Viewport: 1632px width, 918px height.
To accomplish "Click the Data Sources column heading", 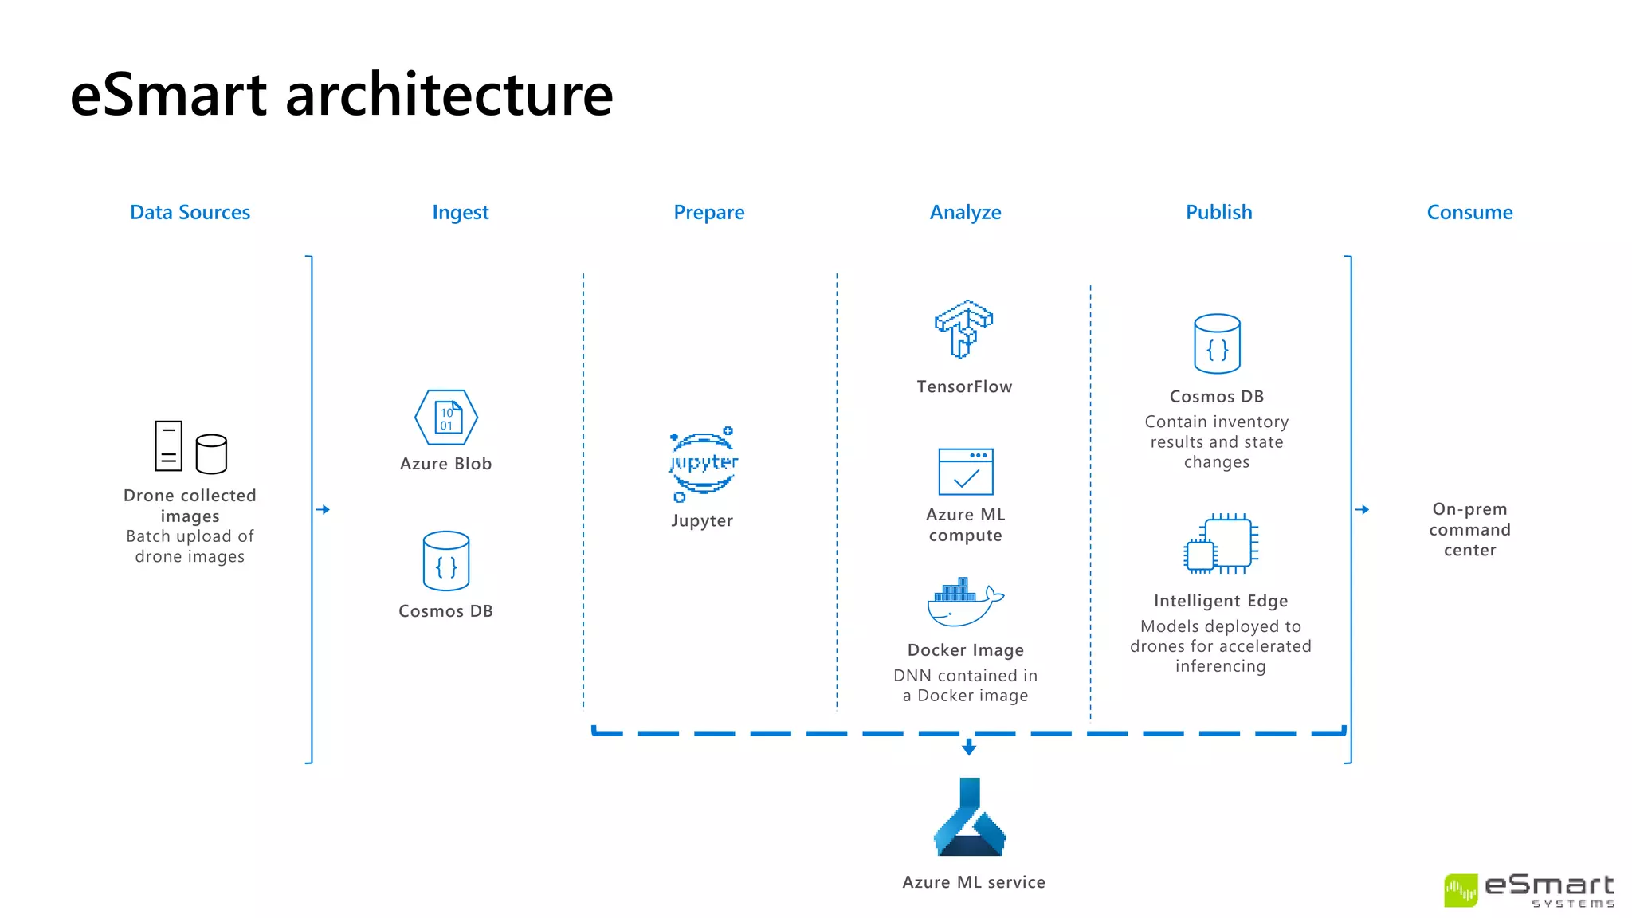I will click(190, 212).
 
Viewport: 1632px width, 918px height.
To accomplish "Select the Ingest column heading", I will click(460, 212).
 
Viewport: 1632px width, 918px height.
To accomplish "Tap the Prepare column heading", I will click(708, 212).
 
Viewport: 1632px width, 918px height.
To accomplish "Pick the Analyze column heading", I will click(965, 212).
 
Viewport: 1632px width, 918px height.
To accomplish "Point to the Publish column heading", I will click(1218, 212).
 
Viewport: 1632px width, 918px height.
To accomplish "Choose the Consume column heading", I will click(1469, 212).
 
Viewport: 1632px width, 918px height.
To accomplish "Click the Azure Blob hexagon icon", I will click(446, 418).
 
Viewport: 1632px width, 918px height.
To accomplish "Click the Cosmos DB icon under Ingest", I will click(446, 561).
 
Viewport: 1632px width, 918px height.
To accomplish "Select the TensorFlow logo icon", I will click(963, 329).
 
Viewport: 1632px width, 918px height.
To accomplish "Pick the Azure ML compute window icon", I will click(966, 472).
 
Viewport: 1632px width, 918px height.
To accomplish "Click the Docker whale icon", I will click(965, 602).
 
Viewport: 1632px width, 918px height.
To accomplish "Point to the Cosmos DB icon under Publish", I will click(1217, 343).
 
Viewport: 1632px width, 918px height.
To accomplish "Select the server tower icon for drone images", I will click(168, 446).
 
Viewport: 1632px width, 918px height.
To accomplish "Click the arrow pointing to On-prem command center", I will click(1363, 509).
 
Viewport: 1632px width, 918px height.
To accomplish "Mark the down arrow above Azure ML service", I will click(969, 747).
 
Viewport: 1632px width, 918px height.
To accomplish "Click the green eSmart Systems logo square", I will click(1461, 890).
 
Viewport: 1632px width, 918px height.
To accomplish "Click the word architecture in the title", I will click(449, 94).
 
